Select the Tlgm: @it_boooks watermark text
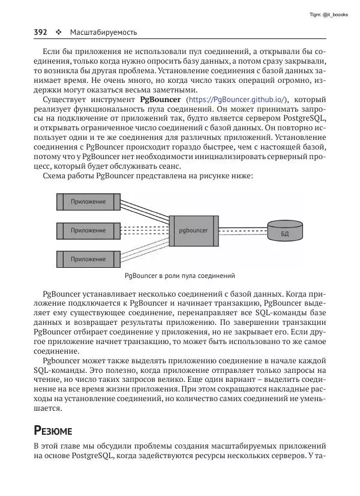coord(328,14)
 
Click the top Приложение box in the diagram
coord(87,202)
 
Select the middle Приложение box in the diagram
coord(87,230)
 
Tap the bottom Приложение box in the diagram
coord(87,259)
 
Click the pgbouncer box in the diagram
coord(193,230)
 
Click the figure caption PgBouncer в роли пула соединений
coord(179,276)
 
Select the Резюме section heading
coord(53,431)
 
